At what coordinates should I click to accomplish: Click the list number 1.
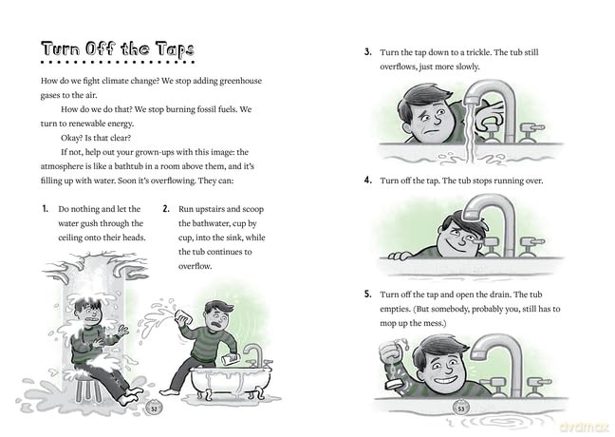(x=46, y=209)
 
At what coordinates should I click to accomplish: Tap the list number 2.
(x=166, y=209)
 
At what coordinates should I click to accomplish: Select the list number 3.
(x=368, y=52)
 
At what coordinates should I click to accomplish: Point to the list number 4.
(x=368, y=180)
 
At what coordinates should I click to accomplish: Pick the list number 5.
(x=367, y=294)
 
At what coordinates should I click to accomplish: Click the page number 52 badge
(x=154, y=408)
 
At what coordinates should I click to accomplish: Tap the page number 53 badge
(x=461, y=408)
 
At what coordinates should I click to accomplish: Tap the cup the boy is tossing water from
(x=183, y=316)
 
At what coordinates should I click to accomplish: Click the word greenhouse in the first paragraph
(x=240, y=81)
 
